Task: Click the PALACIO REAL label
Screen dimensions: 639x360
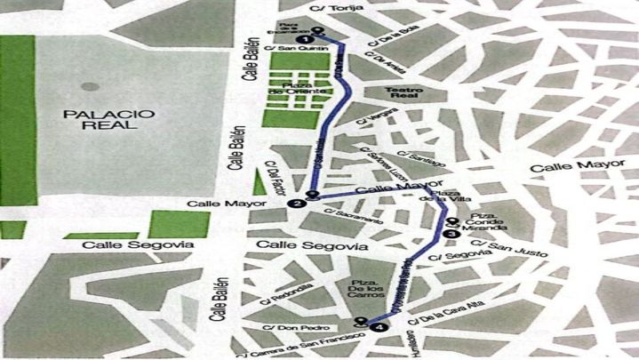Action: (103, 119)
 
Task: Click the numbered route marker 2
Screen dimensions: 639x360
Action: (297, 204)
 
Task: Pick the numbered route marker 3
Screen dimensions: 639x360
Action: (449, 234)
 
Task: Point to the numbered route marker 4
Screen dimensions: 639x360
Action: (380, 327)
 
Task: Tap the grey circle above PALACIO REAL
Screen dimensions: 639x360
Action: (89, 86)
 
